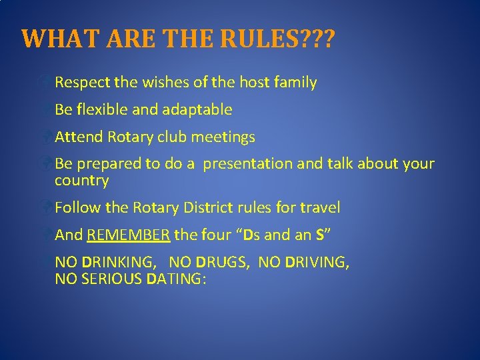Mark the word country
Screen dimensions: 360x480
click(x=81, y=181)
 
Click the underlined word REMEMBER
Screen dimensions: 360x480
click(x=129, y=235)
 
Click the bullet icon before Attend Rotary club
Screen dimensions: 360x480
click(x=45, y=137)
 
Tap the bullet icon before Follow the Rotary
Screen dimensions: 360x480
click(x=45, y=207)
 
